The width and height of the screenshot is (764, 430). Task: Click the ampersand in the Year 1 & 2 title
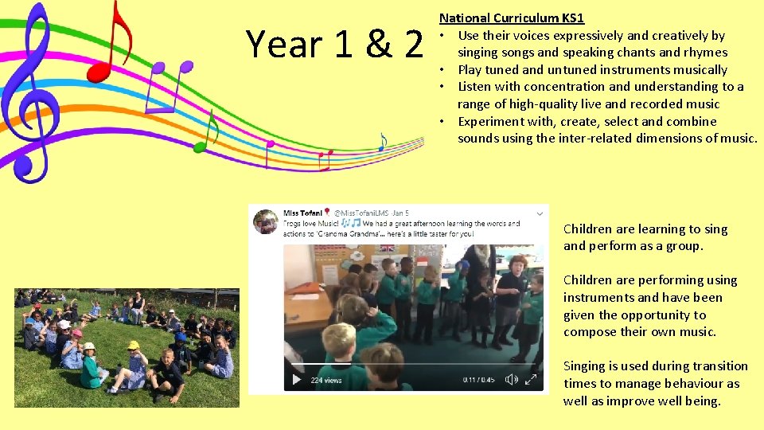[380, 45]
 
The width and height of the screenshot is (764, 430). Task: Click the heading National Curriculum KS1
[512, 18]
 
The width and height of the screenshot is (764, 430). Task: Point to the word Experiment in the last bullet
[490, 121]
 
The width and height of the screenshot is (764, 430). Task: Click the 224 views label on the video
[326, 380]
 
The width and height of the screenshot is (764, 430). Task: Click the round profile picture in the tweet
[265, 221]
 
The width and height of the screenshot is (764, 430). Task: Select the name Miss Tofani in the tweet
[302, 213]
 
